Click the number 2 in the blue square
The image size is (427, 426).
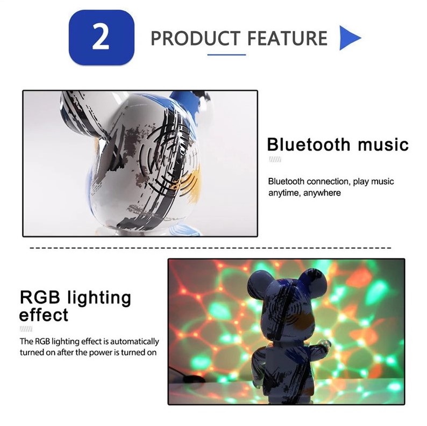(x=101, y=38)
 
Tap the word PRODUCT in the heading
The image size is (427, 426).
(x=195, y=39)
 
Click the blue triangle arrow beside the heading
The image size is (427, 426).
(x=349, y=38)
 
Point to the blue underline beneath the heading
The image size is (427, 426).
(x=226, y=54)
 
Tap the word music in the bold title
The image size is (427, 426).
(x=382, y=145)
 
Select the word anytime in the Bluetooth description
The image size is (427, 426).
(x=286, y=192)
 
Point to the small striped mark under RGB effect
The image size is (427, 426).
(x=26, y=329)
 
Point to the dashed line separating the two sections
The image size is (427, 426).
(x=210, y=249)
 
